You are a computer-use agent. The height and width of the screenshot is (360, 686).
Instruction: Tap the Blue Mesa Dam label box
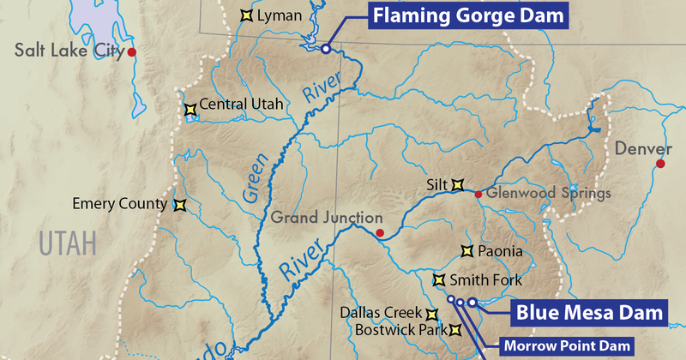tap(589, 312)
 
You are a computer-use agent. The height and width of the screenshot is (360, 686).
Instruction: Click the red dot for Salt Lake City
tap(132, 53)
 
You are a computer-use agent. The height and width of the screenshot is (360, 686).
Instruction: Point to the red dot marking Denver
tap(660, 163)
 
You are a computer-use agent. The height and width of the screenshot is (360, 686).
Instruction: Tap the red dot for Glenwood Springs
tap(478, 194)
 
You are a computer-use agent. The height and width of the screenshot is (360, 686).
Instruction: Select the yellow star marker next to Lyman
tap(245, 15)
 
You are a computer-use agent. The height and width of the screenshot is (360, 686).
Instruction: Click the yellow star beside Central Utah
tap(190, 109)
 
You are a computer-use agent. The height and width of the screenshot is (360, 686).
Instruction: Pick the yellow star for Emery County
tap(179, 205)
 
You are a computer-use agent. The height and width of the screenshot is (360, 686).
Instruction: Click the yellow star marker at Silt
tap(458, 183)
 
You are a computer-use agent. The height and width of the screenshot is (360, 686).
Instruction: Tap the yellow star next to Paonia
tap(467, 251)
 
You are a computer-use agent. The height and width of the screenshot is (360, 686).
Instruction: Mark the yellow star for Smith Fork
tap(438, 279)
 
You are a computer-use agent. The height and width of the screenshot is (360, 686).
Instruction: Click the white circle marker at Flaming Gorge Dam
tap(326, 49)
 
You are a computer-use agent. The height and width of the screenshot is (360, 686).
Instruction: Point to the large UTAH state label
tap(65, 245)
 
